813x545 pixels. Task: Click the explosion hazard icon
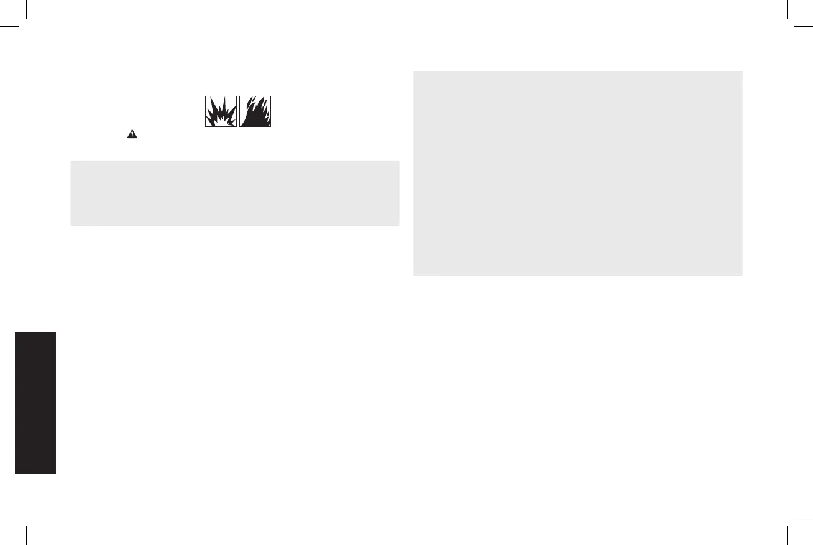point(221,112)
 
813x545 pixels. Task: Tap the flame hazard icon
point(255,112)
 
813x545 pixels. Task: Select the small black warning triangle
point(132,134)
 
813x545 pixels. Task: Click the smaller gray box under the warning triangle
point(234,193)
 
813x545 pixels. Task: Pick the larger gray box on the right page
point(577,173)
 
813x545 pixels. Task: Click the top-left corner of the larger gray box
point(414,71)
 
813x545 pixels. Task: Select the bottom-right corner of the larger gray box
point(742,275)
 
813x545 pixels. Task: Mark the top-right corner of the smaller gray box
point(398,161)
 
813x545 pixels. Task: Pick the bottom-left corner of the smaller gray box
point(71,225)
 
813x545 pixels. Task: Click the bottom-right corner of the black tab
point(56,474)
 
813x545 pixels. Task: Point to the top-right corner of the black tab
point(56,332)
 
